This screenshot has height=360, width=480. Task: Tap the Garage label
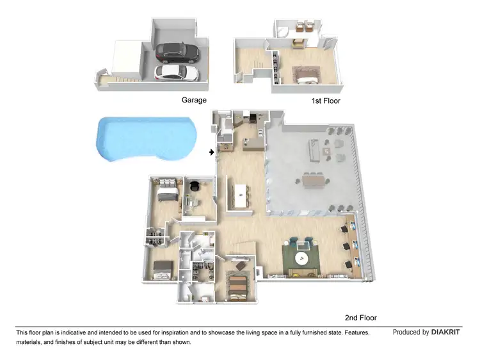coord(194,101)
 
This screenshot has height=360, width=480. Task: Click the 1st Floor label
coord(326,101)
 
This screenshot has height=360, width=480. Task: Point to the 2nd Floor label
coord(360,318)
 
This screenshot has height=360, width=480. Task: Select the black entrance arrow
coord(212,152)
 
